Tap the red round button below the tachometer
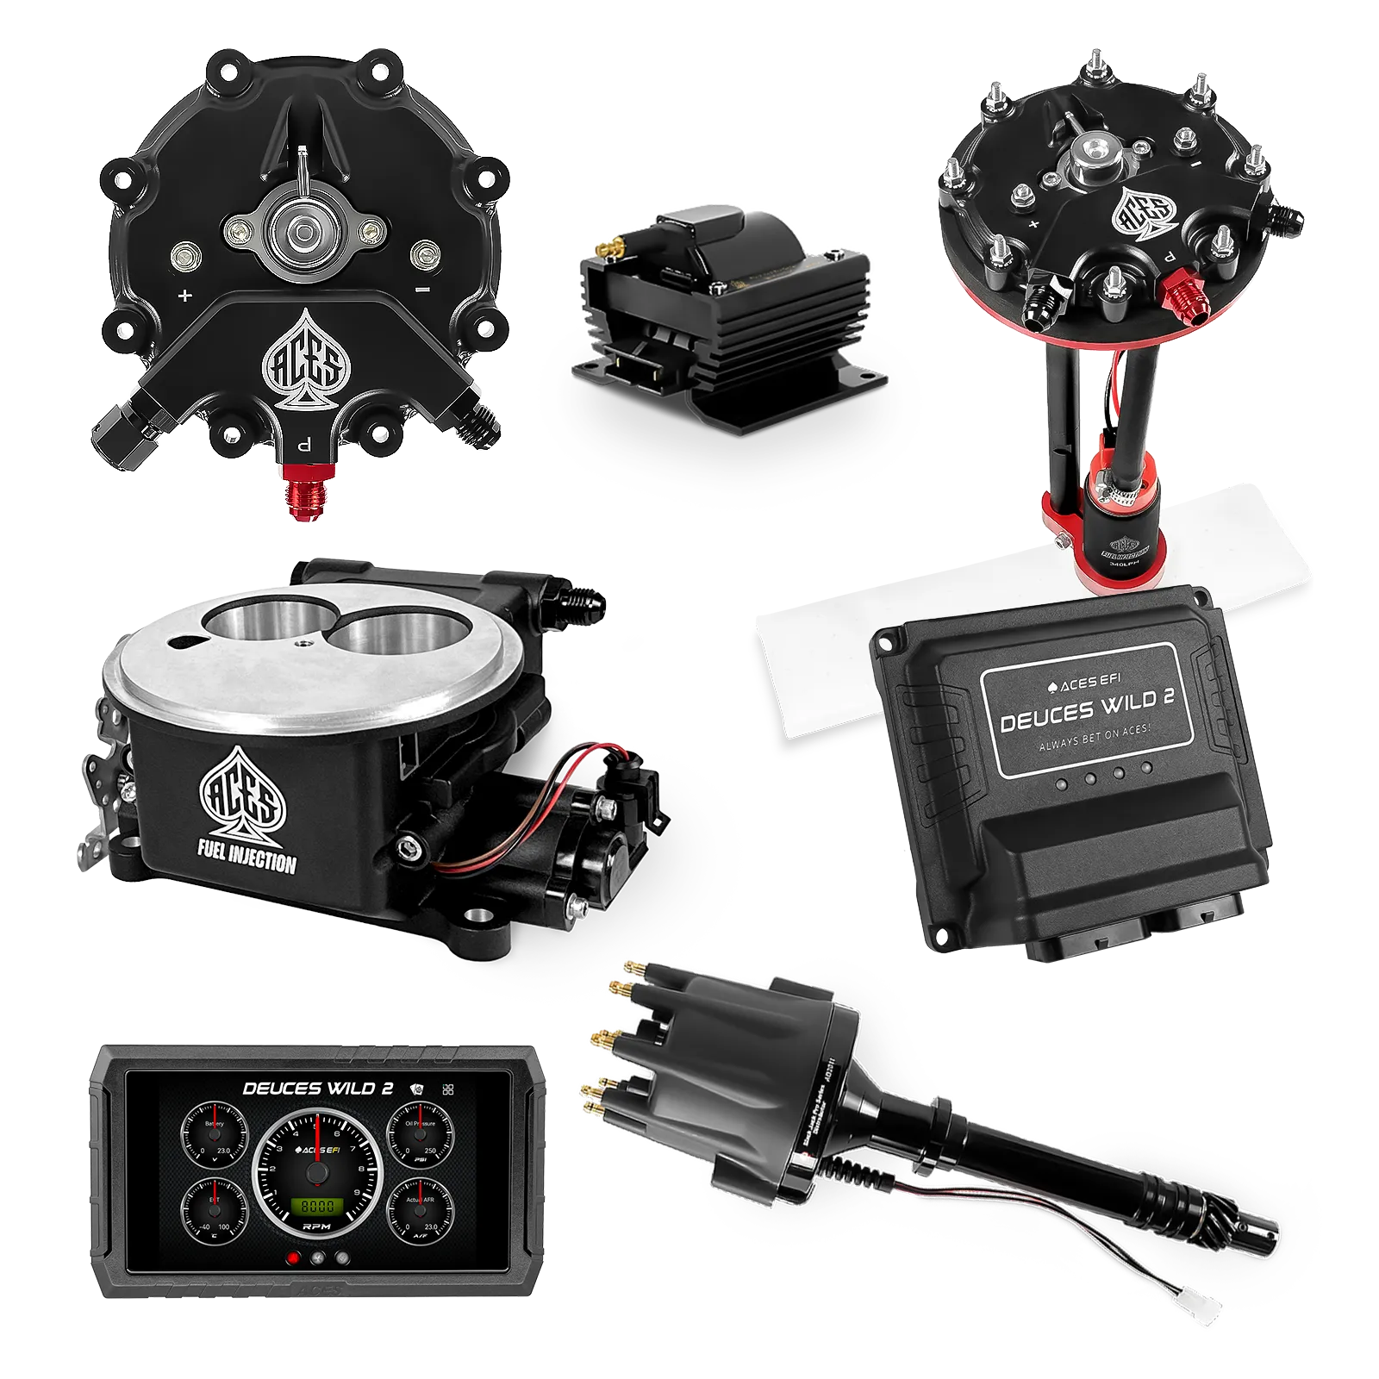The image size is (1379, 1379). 293,1258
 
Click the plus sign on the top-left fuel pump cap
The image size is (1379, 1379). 184,295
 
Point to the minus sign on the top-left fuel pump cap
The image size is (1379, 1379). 421,291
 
